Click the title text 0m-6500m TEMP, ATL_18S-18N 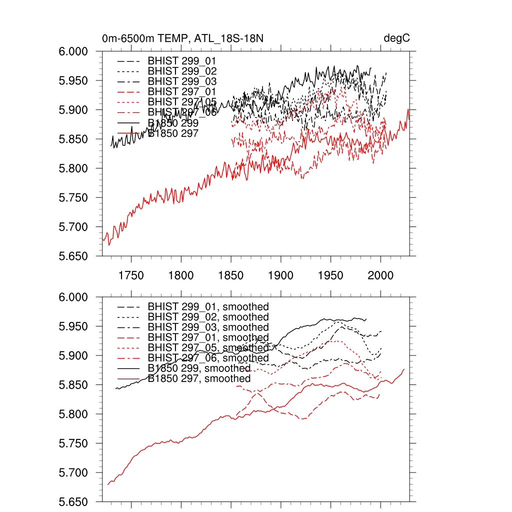coord(182,38)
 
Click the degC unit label coord(397,38)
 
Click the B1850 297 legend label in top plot coord(173,133)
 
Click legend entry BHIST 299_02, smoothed coord(208,317)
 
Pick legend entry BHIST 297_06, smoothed coord(208,358)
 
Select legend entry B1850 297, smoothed coord(199,379)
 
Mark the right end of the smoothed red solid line coord(404,369)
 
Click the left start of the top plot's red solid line coord(102,239)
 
